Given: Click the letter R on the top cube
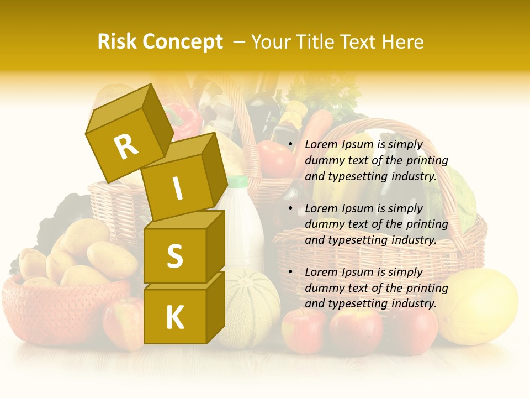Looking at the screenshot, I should coord(126,147).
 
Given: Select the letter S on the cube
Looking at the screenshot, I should coord(174,256).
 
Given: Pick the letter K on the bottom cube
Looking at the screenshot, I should coord(174,318).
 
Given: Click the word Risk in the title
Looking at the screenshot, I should coord(117,42).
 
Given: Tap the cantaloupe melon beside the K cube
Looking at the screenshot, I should coord(248,307).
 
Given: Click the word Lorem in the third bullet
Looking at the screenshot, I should coord(321,272).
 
